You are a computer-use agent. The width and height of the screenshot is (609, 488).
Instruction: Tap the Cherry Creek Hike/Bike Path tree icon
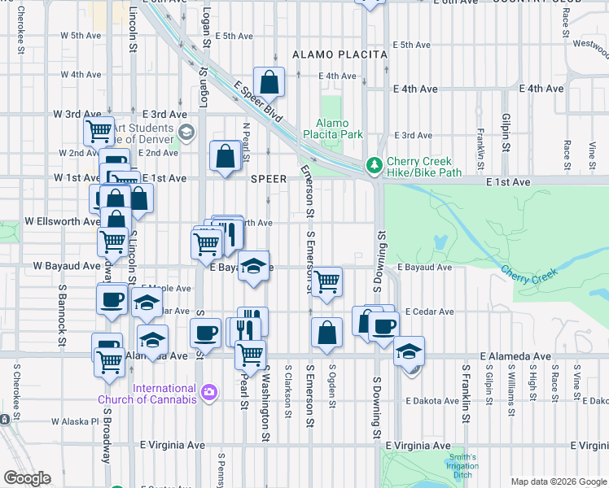tap(374, 165)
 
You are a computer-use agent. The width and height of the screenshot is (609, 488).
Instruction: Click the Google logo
tap(27, 477)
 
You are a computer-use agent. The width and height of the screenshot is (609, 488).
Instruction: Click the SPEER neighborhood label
tap(269, 178)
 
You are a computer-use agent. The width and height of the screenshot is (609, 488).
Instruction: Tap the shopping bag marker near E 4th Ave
tap(269, 81)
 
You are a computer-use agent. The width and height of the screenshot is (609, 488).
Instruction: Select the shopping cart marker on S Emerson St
tap(326, 281)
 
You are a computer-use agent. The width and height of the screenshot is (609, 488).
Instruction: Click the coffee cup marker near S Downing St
tap(383, 327)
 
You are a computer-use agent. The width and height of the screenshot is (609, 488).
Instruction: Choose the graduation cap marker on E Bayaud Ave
tap(254, 267)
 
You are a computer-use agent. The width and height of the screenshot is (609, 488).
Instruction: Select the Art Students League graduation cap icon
tap(186, 133)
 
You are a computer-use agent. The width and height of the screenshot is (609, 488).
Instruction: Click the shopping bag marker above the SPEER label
tap(225, 156)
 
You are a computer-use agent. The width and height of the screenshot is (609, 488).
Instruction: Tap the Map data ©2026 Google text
tap(557, 481)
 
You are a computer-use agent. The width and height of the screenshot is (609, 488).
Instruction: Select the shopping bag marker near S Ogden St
tap(326, 332)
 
